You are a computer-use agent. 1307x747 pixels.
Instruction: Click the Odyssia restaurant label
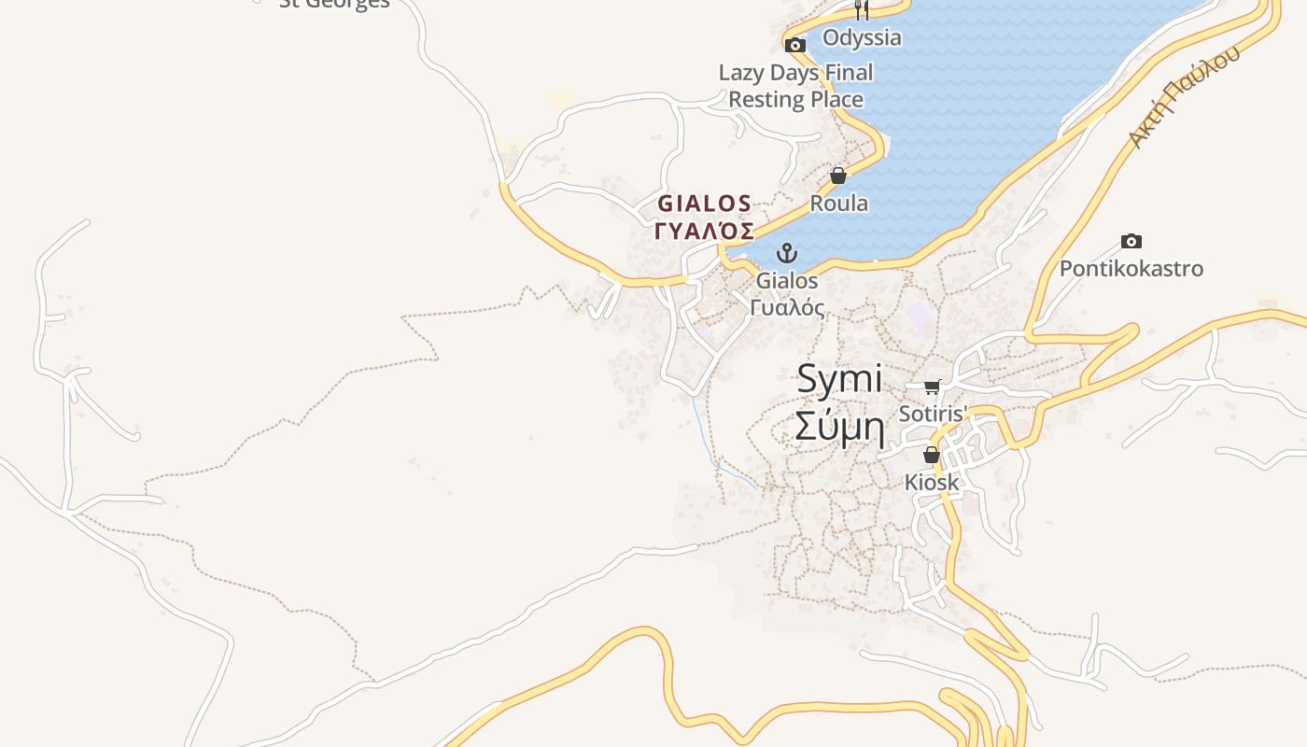coord(862,37)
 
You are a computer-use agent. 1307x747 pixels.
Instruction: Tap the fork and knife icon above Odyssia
coord(862,10)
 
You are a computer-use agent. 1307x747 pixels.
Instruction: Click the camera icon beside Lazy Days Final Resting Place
coord(795,45)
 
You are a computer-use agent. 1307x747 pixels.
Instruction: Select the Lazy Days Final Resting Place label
coord(795,86)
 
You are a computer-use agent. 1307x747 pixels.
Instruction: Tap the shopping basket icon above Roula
coord(838,176)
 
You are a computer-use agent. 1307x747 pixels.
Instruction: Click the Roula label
coord(838,203)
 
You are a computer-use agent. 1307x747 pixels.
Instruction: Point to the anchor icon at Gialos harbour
coord(787,253)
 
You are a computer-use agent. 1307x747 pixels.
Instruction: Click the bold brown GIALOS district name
coord(705,203)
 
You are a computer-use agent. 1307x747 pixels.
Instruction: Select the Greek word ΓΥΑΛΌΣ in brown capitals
coord(705,231)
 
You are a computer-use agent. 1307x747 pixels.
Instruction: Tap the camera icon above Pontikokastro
coord(1131,241)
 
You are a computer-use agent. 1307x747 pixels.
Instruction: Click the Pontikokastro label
coord(1131,269)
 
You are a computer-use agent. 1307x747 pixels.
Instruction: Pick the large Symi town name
coord(839,378)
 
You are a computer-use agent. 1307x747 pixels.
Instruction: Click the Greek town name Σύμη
coord(839,426)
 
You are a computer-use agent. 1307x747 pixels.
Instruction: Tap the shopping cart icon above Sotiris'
coord(932,387)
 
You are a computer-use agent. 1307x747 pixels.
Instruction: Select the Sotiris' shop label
coord(932,413)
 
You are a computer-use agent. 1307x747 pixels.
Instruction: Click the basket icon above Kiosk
coord(932,456)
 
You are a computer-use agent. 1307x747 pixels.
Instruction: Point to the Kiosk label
coord(932,482)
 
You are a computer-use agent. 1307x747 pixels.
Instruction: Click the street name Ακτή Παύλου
coord(1184,96)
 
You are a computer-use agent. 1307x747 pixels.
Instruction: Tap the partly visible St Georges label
coord(334,4)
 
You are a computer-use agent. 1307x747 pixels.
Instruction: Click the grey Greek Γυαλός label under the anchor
coord(787,307)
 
